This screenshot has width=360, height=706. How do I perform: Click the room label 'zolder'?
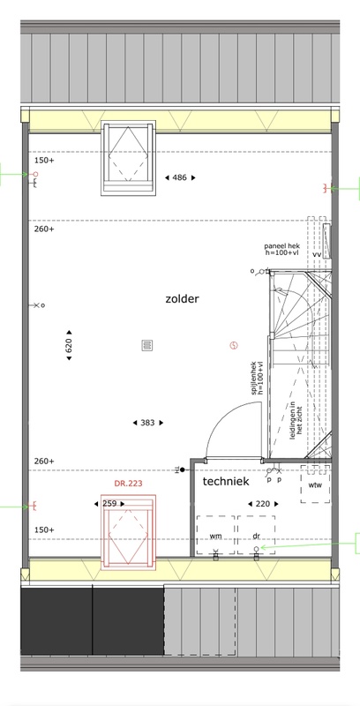point(182,299)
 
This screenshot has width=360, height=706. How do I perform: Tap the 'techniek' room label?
point(226,482)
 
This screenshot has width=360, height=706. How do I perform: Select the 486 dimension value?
point(179,178)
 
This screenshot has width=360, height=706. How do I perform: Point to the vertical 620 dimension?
point(68,346)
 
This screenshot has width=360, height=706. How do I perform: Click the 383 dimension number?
point(147,423)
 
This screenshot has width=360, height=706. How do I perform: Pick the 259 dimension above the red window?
point(109,503)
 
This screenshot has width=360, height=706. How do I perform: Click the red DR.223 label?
point(129,484)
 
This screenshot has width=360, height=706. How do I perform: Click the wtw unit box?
point(315,484)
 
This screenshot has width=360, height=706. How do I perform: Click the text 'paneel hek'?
point(282,244)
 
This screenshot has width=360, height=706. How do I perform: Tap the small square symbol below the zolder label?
point(146,345)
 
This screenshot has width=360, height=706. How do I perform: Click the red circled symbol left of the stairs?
point(233,345)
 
